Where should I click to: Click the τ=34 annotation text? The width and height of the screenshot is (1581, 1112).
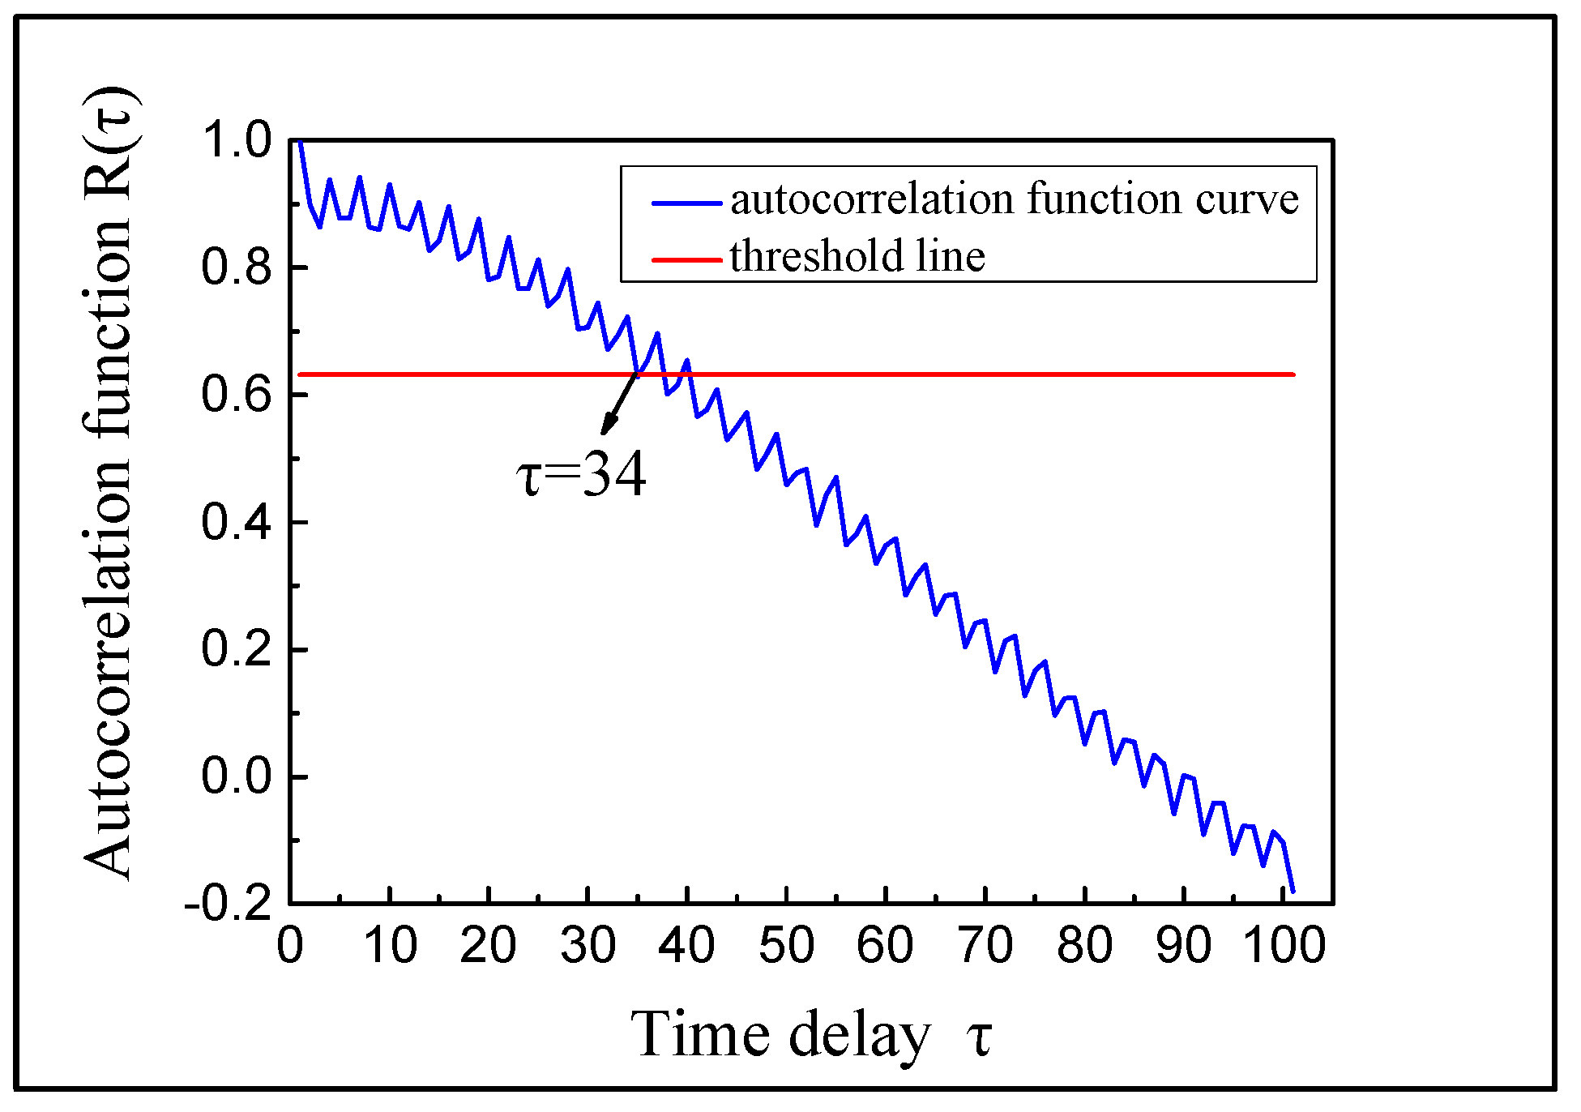(581, 476)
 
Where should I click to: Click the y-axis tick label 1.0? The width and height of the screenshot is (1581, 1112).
(236, 140)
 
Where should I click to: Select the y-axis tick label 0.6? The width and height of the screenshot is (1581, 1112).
(236, 396)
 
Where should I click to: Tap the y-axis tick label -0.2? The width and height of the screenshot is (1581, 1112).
(228, 903)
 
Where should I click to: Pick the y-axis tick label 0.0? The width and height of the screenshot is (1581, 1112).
(236, 776)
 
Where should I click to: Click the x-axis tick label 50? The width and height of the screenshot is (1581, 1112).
(786, 946)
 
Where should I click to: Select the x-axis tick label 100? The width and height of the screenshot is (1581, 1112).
(1284, 946)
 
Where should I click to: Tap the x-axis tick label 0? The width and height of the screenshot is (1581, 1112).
(290, 946)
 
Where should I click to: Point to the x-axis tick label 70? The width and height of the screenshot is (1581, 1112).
(985, 946)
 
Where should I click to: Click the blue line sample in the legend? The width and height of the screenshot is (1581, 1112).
(686, 203)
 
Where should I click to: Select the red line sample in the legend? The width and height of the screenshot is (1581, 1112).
(686, 260)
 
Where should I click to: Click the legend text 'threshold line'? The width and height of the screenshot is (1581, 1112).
(857, 256)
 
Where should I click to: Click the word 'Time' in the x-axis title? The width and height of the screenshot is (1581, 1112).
(700, 1034)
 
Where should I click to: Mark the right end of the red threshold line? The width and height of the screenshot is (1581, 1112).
(1293, 374)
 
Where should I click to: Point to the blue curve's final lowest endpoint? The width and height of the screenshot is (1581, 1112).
(1293, 892)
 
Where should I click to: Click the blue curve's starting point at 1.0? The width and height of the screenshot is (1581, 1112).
(300, 142)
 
